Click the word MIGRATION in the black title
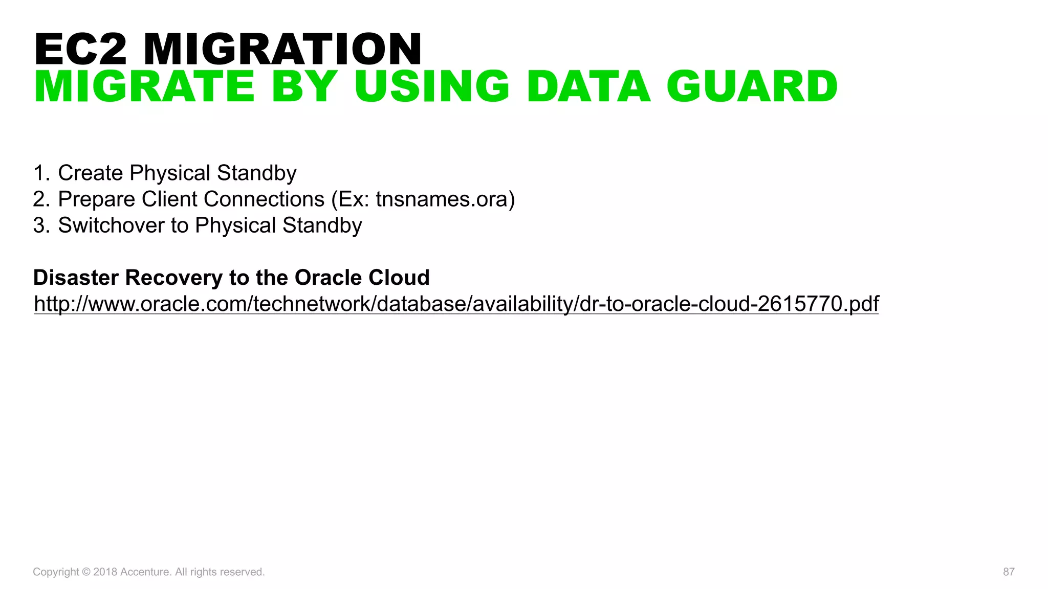(282, 49)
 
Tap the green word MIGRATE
(144, 86)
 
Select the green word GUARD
(752, 86)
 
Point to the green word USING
(432, 86)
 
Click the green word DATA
(588, 86)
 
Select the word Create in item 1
(91, 173)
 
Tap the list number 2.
(40, 199)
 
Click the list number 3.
(40, 225)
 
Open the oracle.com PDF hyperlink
(456, 304)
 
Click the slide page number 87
(1009, 572)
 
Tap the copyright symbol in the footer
(86, 572)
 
